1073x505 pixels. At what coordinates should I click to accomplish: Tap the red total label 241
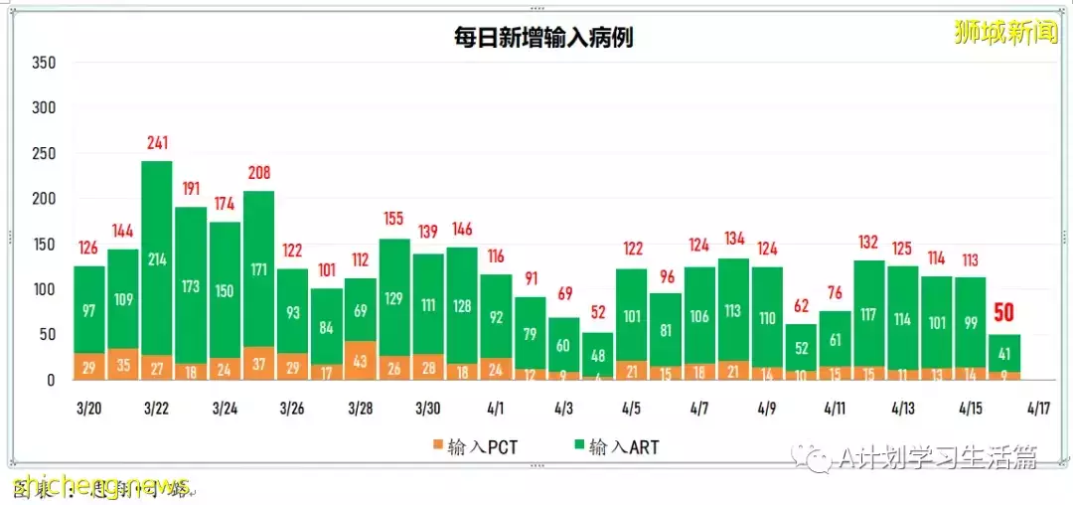click(x=157, y=143)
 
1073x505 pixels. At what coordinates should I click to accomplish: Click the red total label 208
click(x=258, y=174)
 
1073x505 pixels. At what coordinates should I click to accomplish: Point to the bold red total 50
click(x=1004, y=313)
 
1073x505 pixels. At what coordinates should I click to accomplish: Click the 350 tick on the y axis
click(x=43, y=63)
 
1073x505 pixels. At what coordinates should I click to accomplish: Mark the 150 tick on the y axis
click(x=43, y=245)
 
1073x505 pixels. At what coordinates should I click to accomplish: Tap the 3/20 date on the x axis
click(x=88, y=409)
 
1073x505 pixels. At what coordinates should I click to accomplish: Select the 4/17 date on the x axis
click(x=1038, y=409)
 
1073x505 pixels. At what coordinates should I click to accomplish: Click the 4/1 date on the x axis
click(x=496, y=409)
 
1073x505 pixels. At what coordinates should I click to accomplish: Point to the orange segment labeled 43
click(x=360, y=360)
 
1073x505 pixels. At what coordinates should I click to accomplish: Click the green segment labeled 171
click(x=258, y=268)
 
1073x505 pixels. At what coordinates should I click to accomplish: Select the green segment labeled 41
click(x=1004, y=353)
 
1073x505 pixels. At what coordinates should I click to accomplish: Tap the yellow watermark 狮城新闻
click(x=1004, y=33)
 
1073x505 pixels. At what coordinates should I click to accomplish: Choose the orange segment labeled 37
click(x=258, y=364)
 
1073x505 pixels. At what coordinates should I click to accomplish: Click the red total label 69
click(x=563, y=295)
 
